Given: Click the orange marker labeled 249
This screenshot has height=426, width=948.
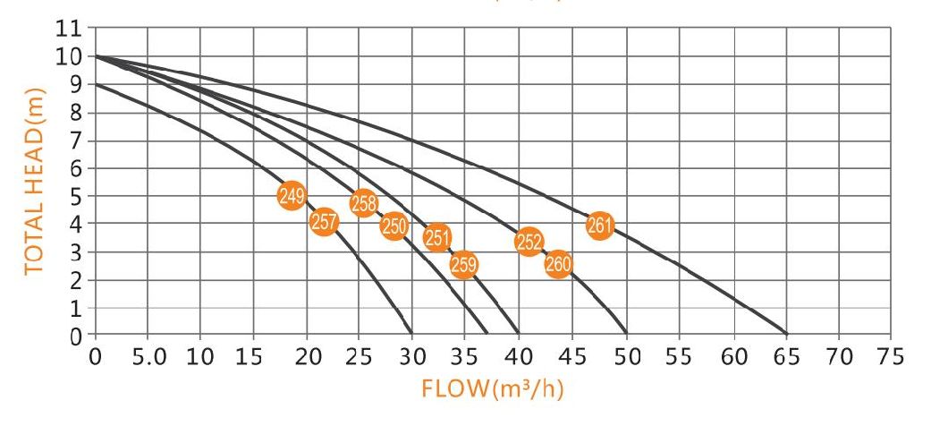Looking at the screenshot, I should pos(292,196).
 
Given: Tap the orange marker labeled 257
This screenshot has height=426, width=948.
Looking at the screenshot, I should pos(324,221).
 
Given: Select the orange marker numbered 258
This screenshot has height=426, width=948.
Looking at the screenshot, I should pos(363,204).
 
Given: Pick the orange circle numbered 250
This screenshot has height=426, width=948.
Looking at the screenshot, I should pos(394,226).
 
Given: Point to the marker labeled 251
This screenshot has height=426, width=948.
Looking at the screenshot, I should pos(436,237).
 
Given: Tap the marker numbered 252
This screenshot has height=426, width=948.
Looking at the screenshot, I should pos(529,241).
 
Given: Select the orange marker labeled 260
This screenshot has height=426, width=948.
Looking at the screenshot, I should pos(558,264).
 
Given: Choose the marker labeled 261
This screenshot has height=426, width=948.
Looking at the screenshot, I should pos(599,226).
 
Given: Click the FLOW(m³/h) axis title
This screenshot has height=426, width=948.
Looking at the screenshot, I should pos(494,390).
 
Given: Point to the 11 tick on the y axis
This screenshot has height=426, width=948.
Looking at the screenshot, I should pos(71,30).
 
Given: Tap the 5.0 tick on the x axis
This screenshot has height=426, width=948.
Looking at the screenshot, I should pos(148,354).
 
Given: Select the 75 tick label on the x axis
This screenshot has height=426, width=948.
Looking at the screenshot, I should pos(891,354).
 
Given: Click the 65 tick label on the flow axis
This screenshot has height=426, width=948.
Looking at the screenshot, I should pos(785,354).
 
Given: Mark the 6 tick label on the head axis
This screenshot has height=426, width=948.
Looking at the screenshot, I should pos(76,168).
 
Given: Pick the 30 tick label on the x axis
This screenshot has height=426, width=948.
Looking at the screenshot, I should pos(412,354).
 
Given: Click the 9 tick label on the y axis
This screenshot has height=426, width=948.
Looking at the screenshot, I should pos(76,85).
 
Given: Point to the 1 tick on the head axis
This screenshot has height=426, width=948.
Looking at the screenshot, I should pos(76,308).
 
